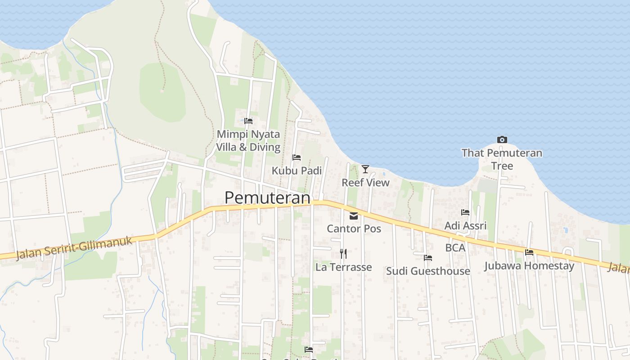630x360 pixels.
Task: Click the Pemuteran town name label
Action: click(x=267, y=198)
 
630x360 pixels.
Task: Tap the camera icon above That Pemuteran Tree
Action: click(x=502, y=139)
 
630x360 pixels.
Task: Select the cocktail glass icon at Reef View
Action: click(x=365, y=169)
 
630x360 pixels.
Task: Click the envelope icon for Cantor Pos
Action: click(x=354, y=216)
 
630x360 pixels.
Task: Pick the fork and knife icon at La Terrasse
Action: click(x=343, y=254)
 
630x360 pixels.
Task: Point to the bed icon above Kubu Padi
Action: click(x=297, y=157)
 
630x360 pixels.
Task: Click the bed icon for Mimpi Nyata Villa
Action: click(x=248, y=121)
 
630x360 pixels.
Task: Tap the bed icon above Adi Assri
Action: click(x=465, y=212)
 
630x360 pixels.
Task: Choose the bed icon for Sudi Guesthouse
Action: click(x=428, y=258)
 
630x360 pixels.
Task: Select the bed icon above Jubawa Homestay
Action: click(x=529, y=252)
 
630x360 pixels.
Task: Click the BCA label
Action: click(x=455, y=247)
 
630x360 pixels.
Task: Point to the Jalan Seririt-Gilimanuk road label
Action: click(x=75, y=248)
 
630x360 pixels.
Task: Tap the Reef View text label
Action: click(x=365, y=183)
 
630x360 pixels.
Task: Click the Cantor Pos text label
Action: click(x=354, y=229)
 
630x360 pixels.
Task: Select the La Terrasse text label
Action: click(x=343, y=267)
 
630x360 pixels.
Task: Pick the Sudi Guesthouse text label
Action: click(x=428, y=271)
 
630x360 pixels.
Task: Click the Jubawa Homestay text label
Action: click(x=529, y=266)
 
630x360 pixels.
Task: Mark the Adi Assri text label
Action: click(x=465, y=226)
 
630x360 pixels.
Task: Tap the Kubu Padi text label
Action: click(x=297, y=171)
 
